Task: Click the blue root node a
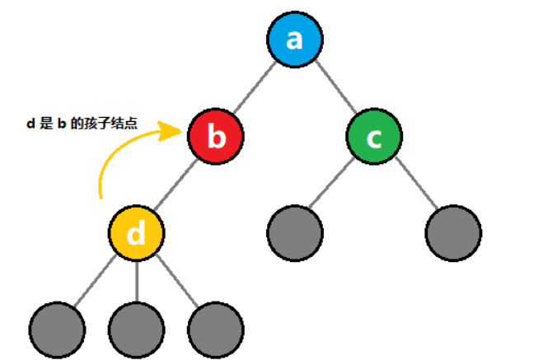[x=295, y=40]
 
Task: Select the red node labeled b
[x=215, y=137]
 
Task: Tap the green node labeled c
[x=373, y=137]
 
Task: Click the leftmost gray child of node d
[x=57, y=329]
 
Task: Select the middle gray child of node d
[x=137, y=329]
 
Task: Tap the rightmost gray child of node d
[x=215, y=329]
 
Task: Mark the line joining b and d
[x=176, y=185]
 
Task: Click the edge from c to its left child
[x=334, y=185]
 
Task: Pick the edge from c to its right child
[x=414, y=185]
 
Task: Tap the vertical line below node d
[x=137, y=281]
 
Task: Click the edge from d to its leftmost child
[x=97, y=281]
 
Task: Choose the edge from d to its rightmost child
[x=176, y=281]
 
